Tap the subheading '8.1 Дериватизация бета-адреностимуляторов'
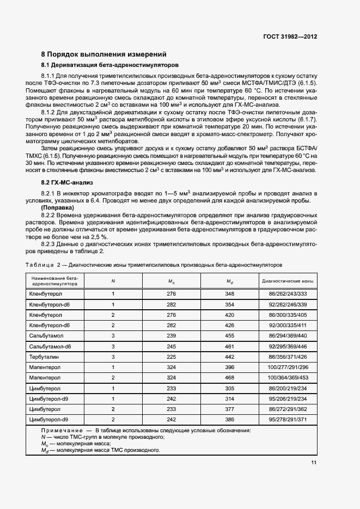click(x=95, y=65)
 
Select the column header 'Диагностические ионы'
click(x=288, y=281)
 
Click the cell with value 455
click(x=229, y=336)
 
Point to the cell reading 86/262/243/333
click(x=288, y=294)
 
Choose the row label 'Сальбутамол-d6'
click(x=50, y=346)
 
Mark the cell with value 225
click(x=171, y=357)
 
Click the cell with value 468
click(x=229, y=377)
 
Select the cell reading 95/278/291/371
click(x=288, y=419)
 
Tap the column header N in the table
click(x=113, y=281)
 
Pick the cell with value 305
click(x=229, y=388)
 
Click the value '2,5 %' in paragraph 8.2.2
click(x=88, y=237)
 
